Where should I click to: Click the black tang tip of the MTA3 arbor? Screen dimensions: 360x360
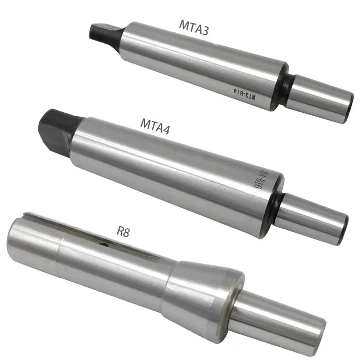click(104, 32)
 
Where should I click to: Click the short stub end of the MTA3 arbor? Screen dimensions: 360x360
click(317, 97)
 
